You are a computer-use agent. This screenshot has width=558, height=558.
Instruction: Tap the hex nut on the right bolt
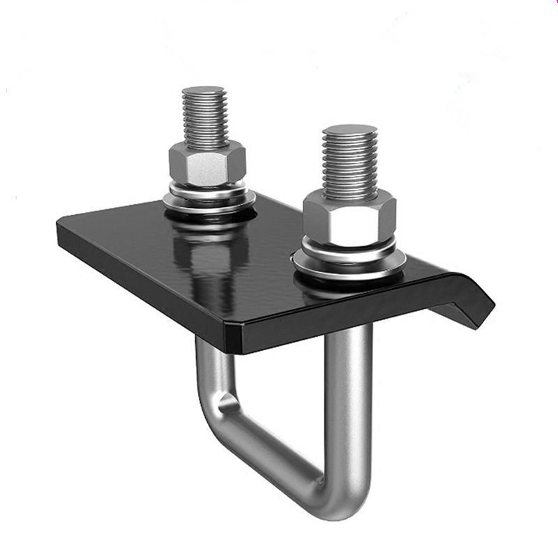point(349,218)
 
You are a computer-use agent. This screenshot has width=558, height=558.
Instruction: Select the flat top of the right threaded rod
point(349,130)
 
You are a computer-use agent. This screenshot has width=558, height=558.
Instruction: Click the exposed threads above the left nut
point(204,119)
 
